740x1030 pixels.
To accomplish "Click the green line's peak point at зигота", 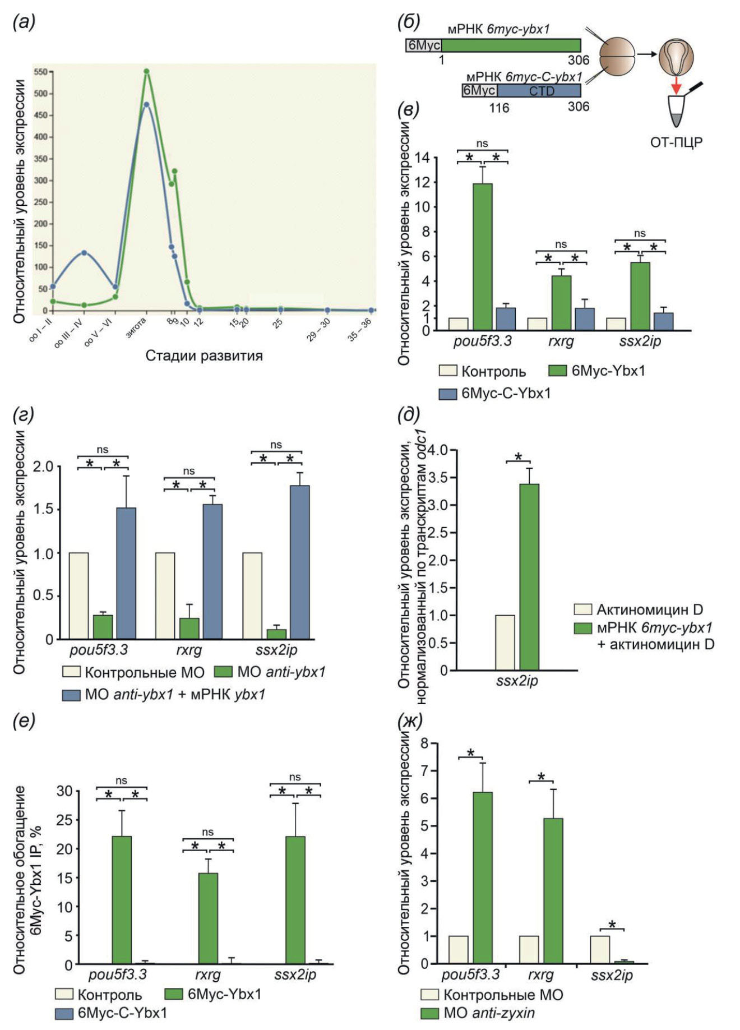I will (146, 71).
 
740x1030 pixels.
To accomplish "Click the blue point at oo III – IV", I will (84, 252).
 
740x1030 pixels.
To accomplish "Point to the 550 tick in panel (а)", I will (41, 72).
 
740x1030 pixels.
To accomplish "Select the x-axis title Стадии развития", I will (204, 355).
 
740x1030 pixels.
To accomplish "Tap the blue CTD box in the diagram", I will (539, 91).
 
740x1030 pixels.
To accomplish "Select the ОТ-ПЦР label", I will (676, 142).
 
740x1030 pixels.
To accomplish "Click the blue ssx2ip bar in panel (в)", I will (663, 321).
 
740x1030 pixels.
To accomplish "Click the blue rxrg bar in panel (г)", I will (212, 571).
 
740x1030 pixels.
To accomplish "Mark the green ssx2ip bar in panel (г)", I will (276, 634).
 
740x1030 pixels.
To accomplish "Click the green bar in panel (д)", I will (529, 577).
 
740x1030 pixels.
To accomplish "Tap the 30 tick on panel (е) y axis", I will (64, 791).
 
